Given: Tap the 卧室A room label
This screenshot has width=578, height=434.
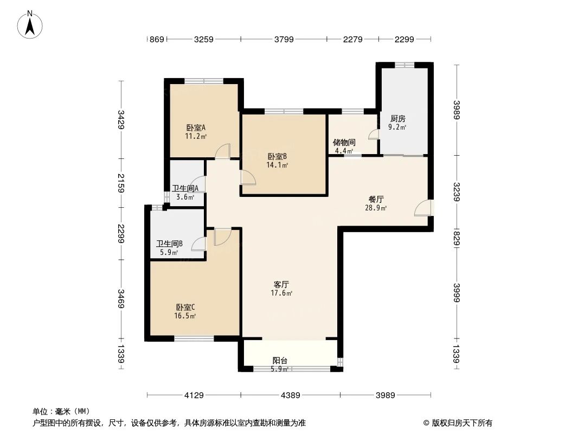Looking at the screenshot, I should tap(196, 128).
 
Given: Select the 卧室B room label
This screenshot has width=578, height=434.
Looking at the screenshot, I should tap(277, 156).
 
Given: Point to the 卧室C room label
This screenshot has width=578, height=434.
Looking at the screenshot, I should tap(185, 307).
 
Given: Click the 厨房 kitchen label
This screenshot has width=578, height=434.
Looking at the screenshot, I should tap(397, 118).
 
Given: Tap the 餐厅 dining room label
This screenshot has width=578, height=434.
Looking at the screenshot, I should tap(376, 199).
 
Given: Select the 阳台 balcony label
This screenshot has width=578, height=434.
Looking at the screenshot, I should tap(280, 360).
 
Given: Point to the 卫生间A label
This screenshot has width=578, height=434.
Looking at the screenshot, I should tap(185, 188).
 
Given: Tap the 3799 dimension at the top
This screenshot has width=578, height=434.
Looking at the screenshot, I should tap(284, 39).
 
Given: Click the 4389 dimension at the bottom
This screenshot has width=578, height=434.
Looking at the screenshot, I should tap(290, 395).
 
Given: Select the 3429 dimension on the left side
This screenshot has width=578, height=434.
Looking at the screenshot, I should tap(121, 120).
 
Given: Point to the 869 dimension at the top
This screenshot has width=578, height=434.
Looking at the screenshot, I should tap(157, 39).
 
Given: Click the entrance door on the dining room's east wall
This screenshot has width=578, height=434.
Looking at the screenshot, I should tap(423, 208).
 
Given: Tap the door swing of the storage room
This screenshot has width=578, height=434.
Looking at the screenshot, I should tap(374, 134).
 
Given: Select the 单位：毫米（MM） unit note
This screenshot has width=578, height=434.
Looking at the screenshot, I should tap(61, 412).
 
